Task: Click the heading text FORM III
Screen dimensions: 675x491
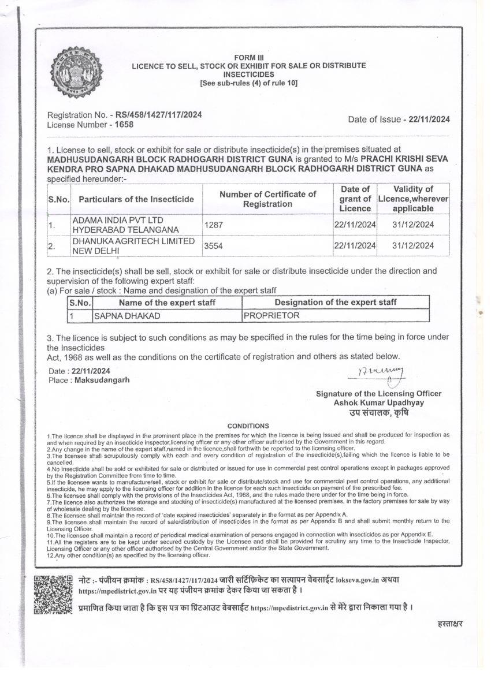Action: (248, 57)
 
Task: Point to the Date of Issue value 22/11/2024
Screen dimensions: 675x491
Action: (429, 120)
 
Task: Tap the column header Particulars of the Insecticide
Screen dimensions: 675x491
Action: (136, 199)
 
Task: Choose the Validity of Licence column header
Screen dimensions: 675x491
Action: (413, 199)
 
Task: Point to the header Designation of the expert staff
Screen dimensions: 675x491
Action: (336, 302)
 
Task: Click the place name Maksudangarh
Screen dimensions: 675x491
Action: (102, 380)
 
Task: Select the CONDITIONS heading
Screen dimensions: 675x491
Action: (248, 426)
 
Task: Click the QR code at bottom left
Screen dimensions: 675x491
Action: (53, 595)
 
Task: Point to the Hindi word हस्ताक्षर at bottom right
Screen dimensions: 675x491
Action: (450, 623)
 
